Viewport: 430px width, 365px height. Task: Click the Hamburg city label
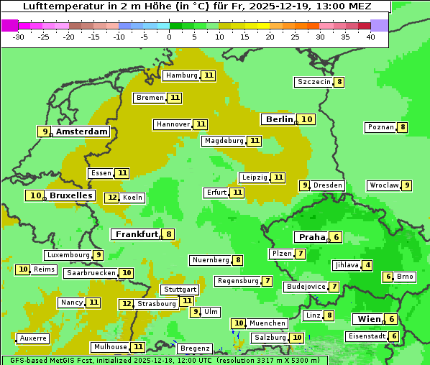[180, 75]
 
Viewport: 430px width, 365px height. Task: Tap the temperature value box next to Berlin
[307, 119]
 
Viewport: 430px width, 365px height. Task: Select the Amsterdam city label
[82, 131]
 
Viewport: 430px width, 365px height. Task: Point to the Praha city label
[312, 237]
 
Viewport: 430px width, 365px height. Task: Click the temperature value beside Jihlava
[368, 265]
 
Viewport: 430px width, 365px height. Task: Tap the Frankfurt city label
[136, 234]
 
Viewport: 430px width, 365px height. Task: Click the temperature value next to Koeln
[111, 198]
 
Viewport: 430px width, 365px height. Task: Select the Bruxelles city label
[70, 195]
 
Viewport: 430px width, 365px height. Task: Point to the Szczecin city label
[314, 82]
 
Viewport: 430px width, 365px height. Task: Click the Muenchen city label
[268, 323]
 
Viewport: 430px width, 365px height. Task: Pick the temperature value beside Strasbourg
[126, 304]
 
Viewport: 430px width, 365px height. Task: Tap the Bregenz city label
[195, 348]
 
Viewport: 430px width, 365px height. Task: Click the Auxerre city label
[33, 338]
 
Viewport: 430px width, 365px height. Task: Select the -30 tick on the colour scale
[19, 36]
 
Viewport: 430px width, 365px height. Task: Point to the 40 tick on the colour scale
[370, 36]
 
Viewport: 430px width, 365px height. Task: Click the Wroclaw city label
[383, 185]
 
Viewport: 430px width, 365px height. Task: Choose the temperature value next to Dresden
[304, 185]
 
